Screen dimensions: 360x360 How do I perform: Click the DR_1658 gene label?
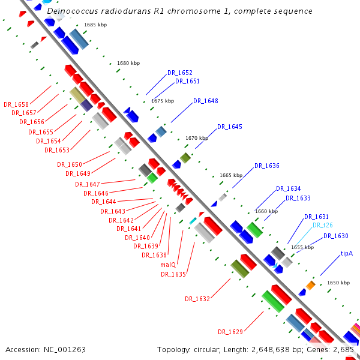[x=16, y=104]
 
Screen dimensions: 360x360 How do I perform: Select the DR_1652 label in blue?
[x=180, y=73]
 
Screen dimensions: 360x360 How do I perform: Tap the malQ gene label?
[x=168, y=265]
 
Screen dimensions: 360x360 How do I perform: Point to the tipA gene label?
[x=347, y=253]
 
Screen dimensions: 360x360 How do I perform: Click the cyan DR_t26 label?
[x=323, y=226]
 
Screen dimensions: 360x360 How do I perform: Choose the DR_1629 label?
[x=230, y=332]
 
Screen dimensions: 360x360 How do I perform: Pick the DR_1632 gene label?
[x=197, y=299]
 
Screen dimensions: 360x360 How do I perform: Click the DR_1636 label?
[x=267, y=166]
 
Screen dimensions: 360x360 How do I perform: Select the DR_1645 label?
[x=230, y=127]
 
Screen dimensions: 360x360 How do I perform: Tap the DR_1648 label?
[x=206, y=101]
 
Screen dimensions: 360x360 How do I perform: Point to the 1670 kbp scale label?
[x=197, y=138]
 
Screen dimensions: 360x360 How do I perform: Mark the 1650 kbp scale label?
[x=338, y=283]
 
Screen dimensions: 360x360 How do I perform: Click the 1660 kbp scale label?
[x=266, y=211]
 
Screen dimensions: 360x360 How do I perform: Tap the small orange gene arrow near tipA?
[x=311, y=284]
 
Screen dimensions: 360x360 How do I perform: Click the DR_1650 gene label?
[x=70, y=164]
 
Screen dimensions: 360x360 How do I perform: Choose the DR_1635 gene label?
[x=173, y=274]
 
